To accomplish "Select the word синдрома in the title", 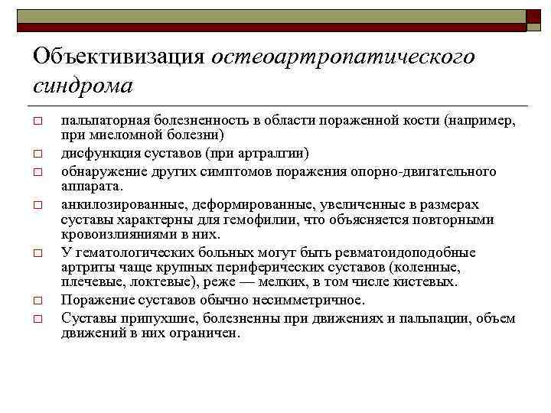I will click(x=83, y=85).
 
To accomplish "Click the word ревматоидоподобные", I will click(x=412, y=253).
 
